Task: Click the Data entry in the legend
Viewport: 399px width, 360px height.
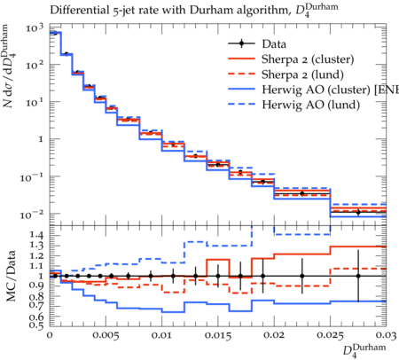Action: click(274, 44)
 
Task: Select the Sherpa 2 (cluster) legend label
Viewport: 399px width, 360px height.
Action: click(308, 59)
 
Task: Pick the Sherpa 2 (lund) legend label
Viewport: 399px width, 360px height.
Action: click(302, 74)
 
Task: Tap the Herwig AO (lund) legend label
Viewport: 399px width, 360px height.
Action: click(310, 105)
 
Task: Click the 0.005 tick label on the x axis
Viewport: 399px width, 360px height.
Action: click(106, 335)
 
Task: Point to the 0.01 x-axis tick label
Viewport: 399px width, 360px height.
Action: click(162, 335)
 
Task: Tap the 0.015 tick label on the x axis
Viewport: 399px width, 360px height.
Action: click(218, 335)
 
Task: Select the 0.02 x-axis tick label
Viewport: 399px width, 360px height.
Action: click(274, 335)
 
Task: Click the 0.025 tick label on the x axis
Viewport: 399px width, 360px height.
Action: click(330, 335)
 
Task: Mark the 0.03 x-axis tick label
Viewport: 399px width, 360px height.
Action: click(386, 335)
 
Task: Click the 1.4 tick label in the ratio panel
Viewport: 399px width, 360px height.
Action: click(36, 235)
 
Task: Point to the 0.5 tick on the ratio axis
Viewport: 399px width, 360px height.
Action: click(36, 325)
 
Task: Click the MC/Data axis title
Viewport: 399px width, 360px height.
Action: click(11, 276)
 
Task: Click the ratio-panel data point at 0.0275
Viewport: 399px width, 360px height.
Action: click(358, 276)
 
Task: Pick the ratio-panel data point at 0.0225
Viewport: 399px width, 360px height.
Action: click(302, 276)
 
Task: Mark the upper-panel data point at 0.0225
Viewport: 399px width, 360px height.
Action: click(302, 193)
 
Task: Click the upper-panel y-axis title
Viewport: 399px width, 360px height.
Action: click(10, 66)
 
